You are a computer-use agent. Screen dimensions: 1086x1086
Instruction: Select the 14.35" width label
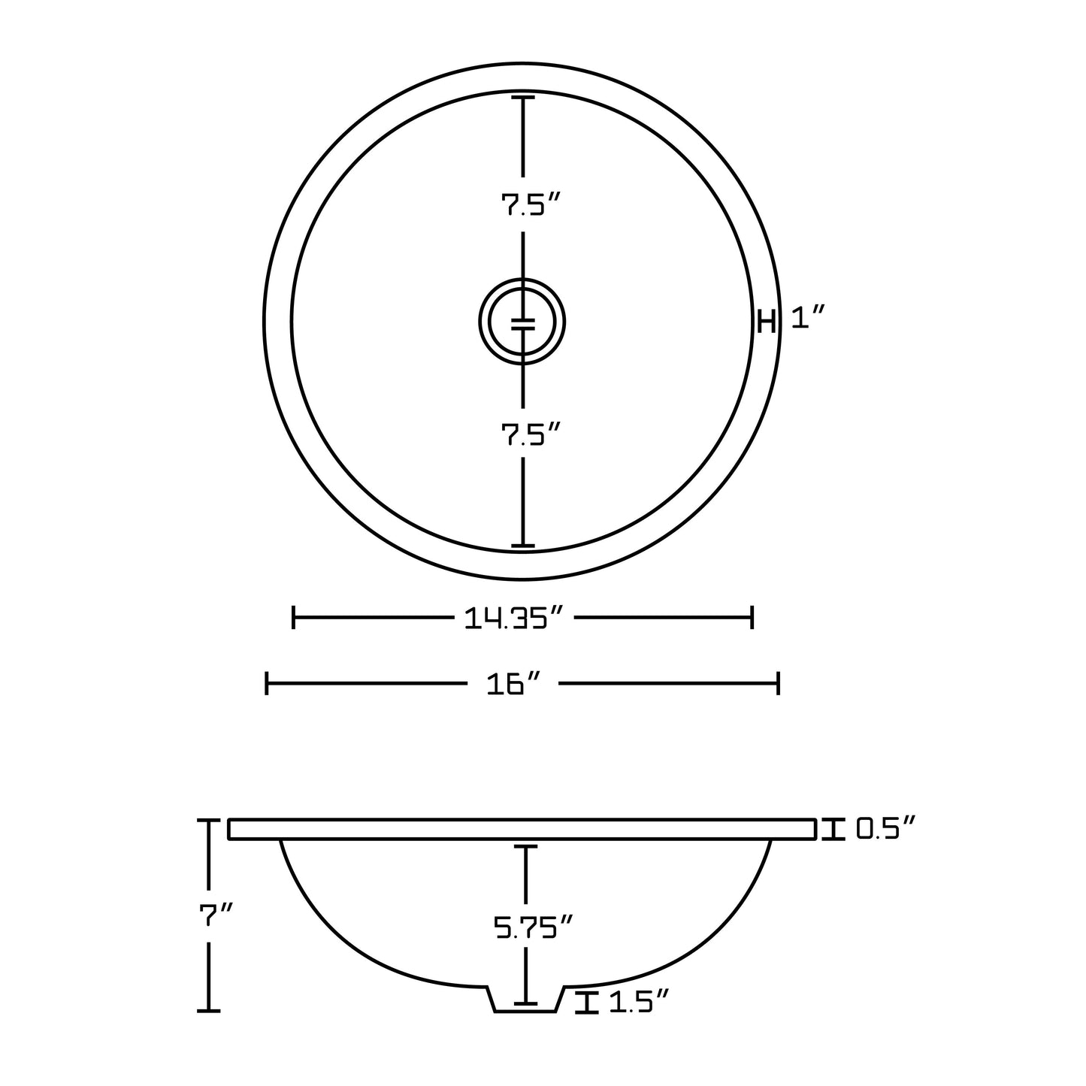tap(514, 619)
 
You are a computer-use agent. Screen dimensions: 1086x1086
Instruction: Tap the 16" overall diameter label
tap(514, 684)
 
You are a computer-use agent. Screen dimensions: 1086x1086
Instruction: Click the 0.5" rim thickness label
tap(886, 829)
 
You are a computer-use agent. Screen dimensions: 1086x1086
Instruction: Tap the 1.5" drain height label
tap(638, 1002)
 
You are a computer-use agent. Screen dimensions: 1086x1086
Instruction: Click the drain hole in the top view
tap(522, 322)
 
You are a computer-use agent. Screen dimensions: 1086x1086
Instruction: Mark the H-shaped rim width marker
tap(766, 322)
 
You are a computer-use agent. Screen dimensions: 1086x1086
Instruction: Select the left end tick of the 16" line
tap(267, 684)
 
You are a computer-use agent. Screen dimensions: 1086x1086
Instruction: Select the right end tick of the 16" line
tap(778, 684)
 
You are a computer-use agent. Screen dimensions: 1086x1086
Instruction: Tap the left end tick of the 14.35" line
tap(293, 619)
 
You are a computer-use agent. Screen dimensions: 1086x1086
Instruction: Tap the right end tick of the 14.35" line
tap(752, 619)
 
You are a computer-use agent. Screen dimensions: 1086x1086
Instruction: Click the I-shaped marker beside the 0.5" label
tap(831, 829)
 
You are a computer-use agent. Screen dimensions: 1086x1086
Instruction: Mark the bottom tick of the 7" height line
tap(208, 1011)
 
